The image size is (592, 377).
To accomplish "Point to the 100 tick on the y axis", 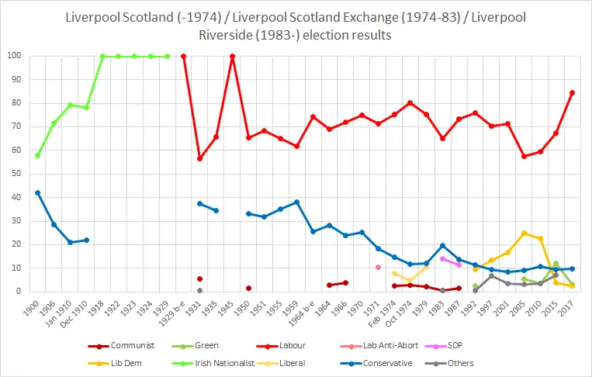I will [x=15, y=56].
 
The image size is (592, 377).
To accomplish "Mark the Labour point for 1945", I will [x=232, y=56].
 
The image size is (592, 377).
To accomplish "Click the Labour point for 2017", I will [x=572, y=92].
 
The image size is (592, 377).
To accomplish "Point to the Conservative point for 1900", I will [x=37, y=192].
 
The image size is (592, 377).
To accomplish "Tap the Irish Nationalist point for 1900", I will [x=37, y=155].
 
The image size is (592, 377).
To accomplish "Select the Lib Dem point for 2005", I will [x=524, y=233].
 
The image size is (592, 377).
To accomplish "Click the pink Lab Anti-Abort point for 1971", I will [x=378, y=267].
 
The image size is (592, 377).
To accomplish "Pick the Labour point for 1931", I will [x=199, y=158].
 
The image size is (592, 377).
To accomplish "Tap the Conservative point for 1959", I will [x=296, y=202].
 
